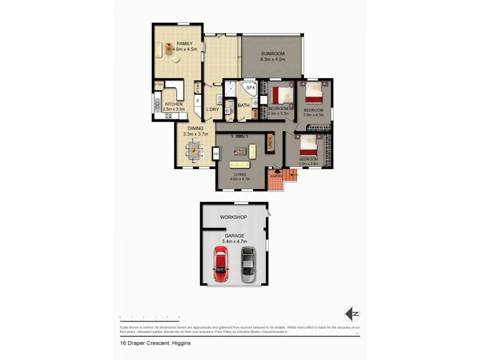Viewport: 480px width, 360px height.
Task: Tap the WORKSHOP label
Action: click(233, 216)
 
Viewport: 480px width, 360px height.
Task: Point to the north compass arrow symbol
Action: click(352, 313)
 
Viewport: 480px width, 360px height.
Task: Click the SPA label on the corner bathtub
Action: click(250, 88)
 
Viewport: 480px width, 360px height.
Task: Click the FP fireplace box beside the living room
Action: click(215, 154)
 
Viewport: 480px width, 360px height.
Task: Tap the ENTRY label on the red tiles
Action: click(275, 176)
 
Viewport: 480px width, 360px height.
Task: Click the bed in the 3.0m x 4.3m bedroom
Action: click(314, 94)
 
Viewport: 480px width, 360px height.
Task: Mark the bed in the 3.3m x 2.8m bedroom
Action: click(309, 145)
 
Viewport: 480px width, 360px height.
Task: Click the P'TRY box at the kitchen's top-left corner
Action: click(159, 85)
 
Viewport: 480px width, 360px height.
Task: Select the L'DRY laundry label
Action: click(212, 109)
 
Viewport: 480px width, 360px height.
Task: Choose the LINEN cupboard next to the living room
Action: click(270, 144)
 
